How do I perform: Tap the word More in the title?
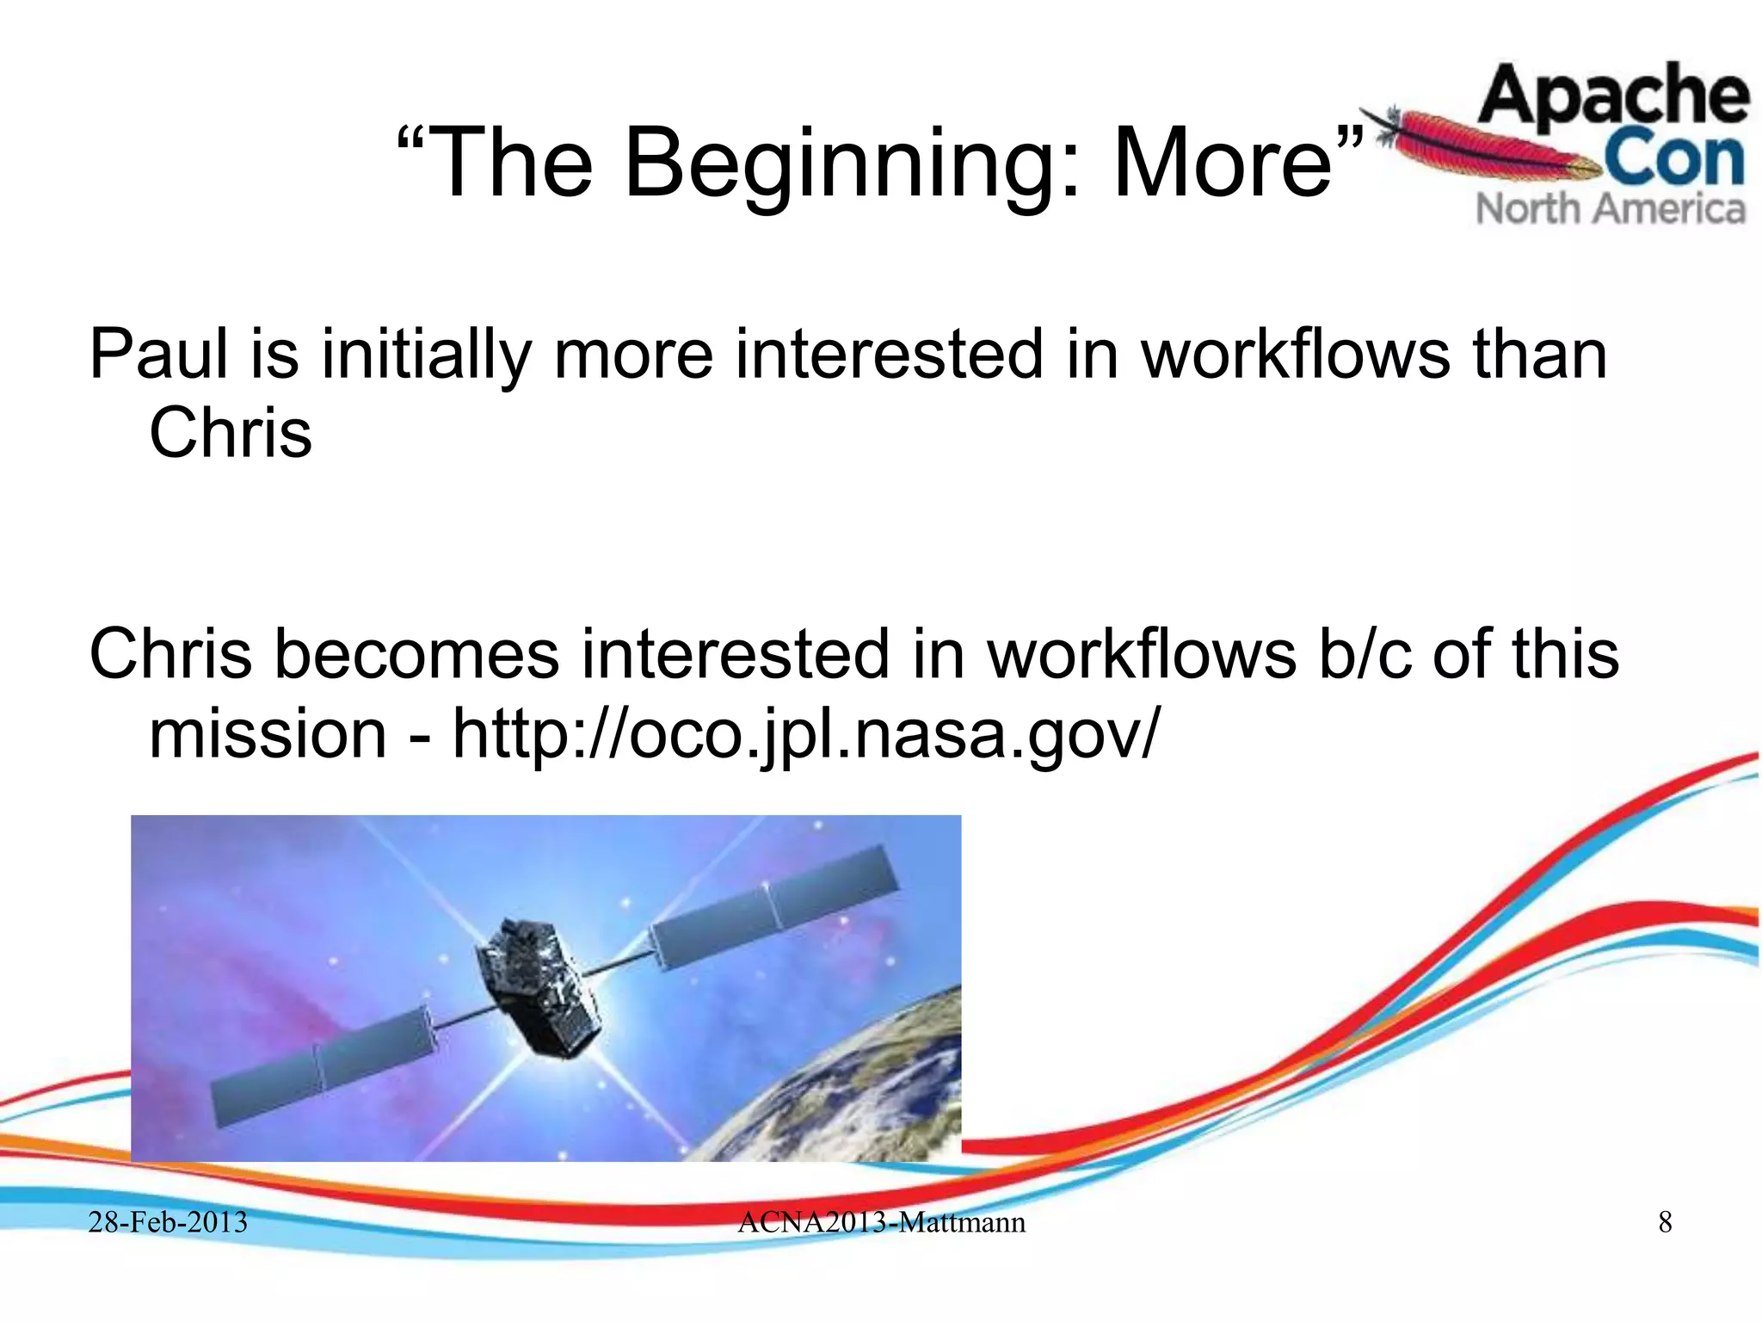click(1222, 164)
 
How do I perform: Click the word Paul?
click(159, 355)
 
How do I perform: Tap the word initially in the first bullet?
click(426, 355)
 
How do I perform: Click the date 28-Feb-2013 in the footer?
click(168, 1222)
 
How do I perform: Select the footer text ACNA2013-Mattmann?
click(881, 1222)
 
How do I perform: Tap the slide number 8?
click(1665, 1222)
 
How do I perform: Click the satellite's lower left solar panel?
click(323, 1067)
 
